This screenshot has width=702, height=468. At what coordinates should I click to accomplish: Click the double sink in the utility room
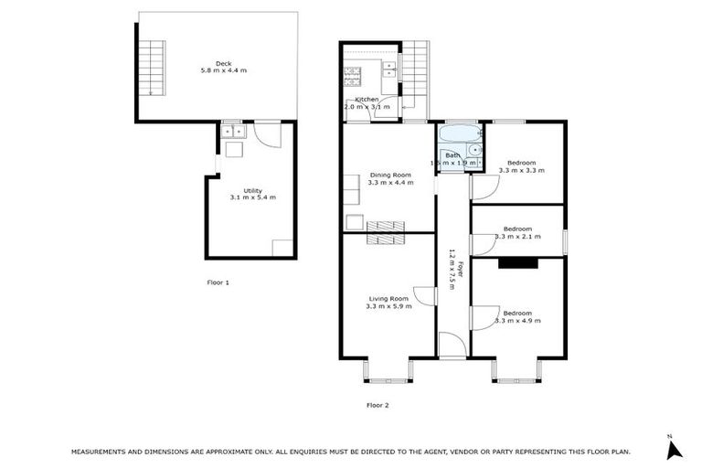pyautogui.click(x=232, y=131)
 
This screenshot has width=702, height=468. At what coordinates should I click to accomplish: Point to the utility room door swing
pyautogui.click(x=267, y=136)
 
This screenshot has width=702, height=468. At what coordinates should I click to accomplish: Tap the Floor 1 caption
pyautogui.click(x=218, y=282)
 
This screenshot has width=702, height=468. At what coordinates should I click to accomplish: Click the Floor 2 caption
pyautogui.click(x=378, y=404)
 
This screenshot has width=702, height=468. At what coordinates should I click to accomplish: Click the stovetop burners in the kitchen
pyautogui.click(x=389, y=66)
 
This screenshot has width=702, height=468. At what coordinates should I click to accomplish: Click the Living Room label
pyautogui.click(x=388, y=298)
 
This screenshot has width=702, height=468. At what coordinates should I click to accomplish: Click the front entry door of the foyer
pyautogui.click(x=451, y=345)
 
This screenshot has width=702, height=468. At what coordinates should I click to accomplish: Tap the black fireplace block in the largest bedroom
pyautogui.click(x=517, y=263)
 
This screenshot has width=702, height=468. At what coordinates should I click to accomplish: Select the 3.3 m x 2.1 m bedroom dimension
pyautogui.click(x=517, y=237)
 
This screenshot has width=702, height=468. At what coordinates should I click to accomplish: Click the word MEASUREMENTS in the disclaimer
pyautogui.click(x=106, y=452)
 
